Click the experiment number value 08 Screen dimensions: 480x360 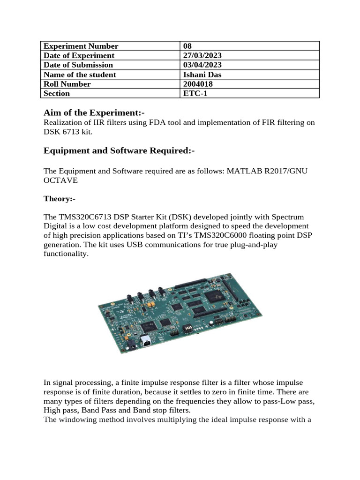188,46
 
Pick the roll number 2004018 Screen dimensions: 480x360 197,84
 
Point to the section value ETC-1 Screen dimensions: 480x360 193,93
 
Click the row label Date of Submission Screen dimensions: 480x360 78,65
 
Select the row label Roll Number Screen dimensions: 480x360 67,84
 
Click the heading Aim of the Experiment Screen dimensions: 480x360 94,112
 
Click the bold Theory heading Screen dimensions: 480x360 60,199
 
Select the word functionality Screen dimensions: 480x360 66,254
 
